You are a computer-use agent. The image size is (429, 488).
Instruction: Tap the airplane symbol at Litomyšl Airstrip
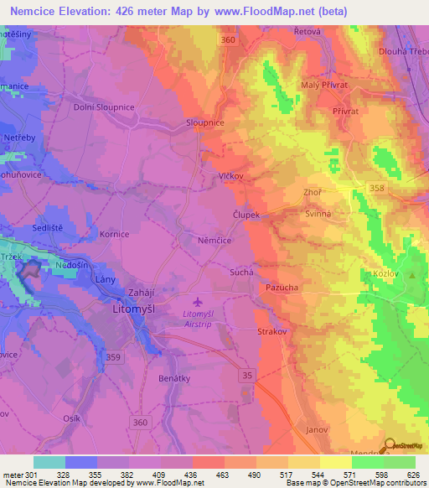click(x=197, y=302)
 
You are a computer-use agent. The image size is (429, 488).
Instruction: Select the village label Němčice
click(x=215, y=240)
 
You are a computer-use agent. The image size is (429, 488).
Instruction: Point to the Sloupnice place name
click(x=204, y=122)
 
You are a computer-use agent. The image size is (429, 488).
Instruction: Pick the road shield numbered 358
click(x=377, y=189)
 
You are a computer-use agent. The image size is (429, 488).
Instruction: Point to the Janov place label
click(x=316, y=429)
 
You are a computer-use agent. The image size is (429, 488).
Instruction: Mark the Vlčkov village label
click(x=230, y=177)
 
